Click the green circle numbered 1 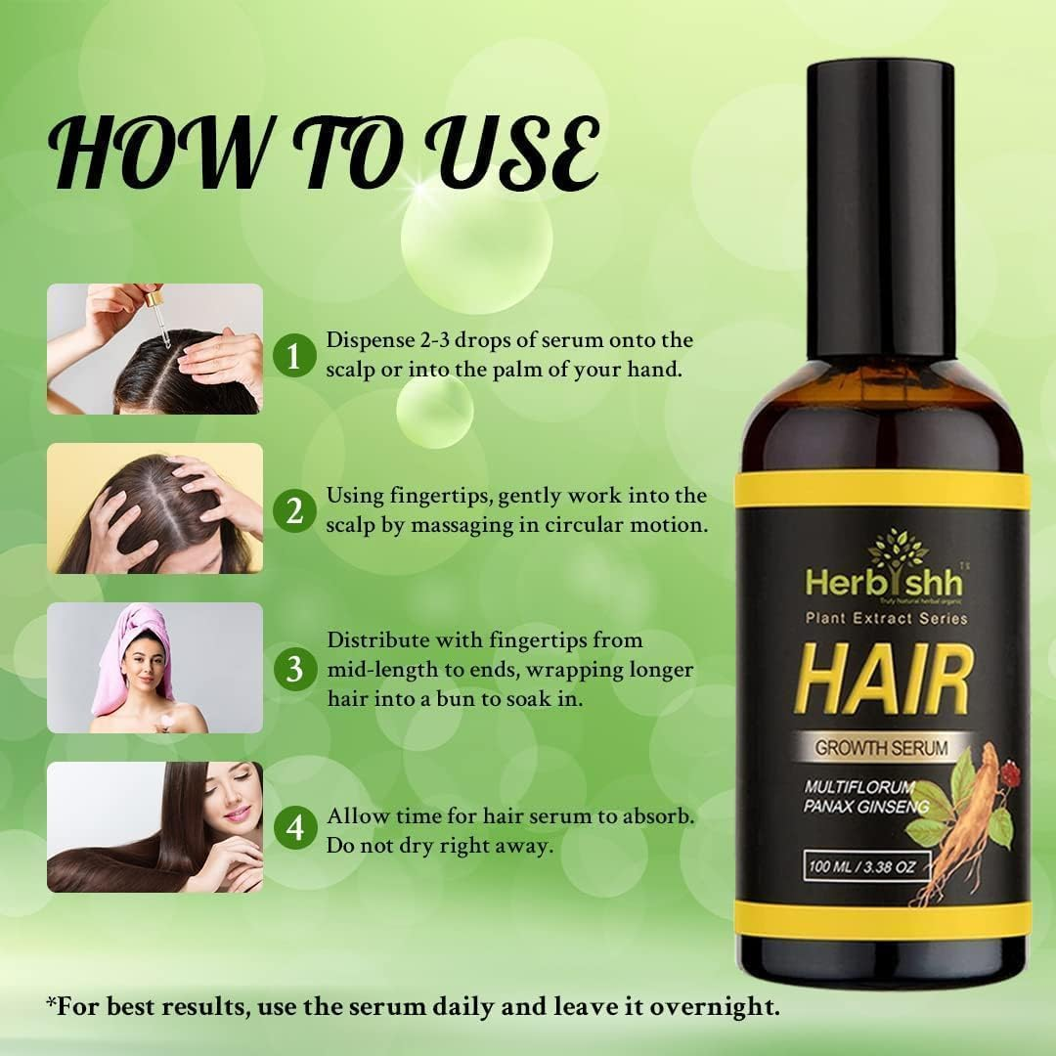pos(294,353)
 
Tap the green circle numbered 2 pos(294,510)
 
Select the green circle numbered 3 pos(294,670)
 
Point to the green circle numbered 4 pos(294,829)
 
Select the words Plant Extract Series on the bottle pos(885,618)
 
